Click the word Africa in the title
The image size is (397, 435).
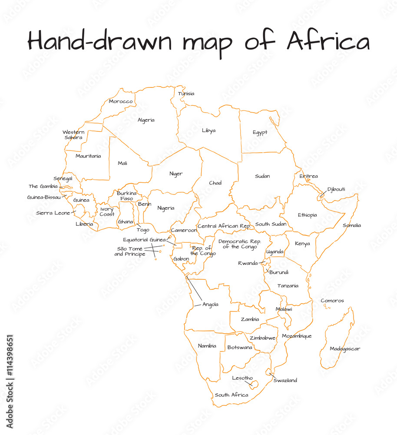(328, 42)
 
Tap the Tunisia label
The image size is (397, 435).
(186, 94)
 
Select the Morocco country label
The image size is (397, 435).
(121, 101)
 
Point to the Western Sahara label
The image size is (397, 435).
(73, 135)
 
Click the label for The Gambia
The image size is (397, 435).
(43, 186)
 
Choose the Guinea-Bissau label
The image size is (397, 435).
(44, 197)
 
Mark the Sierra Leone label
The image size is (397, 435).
(53, 213)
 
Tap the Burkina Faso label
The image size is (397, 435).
(127, 196)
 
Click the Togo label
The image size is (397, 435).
(143, 230)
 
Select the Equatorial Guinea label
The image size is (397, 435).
(144, 240)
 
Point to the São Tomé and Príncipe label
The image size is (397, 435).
(130, 251)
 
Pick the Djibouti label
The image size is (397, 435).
(336, 189)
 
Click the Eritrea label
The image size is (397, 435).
(308, 176)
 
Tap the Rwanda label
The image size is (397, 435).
(248, 263)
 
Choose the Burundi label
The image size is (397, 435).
(278, 272)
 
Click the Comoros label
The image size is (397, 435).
(332, 301)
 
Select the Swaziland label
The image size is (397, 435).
(285, 380)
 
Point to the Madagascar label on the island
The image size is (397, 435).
(345, 348)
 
